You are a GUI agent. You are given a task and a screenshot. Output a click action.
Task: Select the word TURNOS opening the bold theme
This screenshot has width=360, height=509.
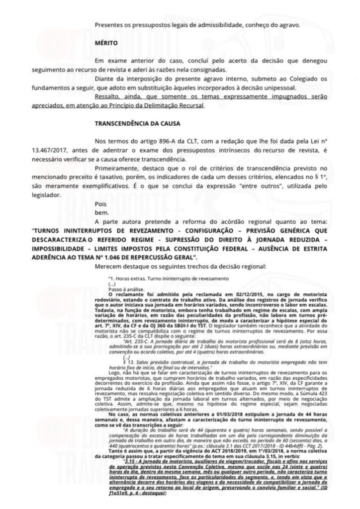[49, 230]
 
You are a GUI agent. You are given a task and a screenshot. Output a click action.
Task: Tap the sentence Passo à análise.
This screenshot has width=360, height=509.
[123, 289]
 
